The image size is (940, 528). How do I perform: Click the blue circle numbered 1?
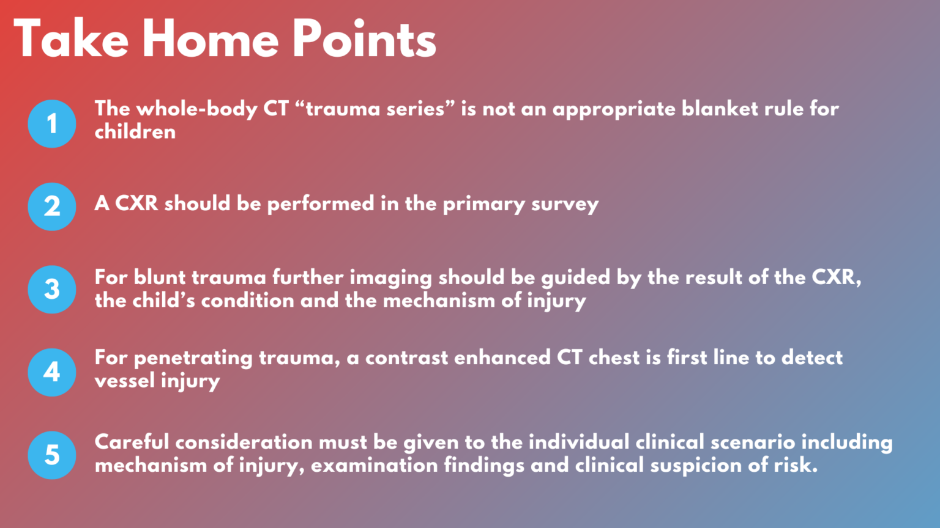click(52, 123)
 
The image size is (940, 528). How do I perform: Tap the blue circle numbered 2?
click(52, 207)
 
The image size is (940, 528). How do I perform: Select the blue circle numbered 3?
click(52, 289)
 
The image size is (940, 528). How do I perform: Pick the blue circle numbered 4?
click(52, 372)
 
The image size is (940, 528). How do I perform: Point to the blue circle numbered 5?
click(52, 455)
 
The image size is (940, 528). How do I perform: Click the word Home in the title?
click(211, 40)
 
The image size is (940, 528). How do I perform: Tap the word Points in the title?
click(364, 40)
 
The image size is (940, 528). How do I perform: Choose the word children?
click(135, 132)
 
